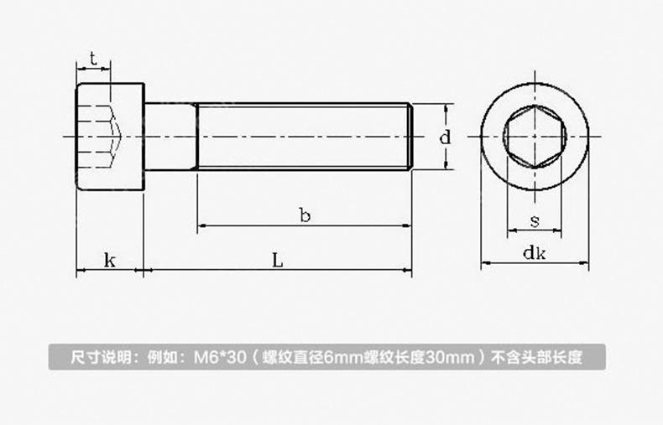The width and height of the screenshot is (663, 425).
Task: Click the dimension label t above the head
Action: pos(93,59)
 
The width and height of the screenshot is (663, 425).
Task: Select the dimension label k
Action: pos(109,260)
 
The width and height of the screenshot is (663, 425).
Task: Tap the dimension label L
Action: pos(278,260)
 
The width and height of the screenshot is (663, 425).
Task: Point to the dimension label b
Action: pos(305,215)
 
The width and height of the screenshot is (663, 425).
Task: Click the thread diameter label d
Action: pos(446,137)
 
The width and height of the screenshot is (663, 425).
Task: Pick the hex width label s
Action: pos(535,220)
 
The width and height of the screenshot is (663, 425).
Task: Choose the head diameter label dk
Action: pos(535,252)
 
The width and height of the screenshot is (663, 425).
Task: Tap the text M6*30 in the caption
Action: pos(219,357)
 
